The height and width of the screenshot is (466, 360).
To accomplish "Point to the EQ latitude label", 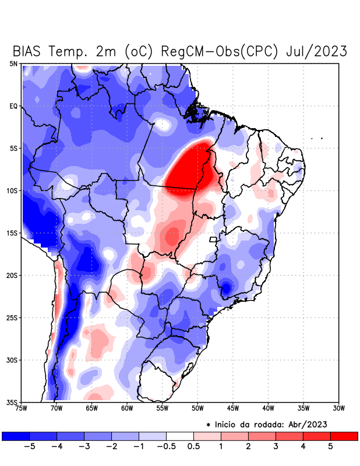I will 13,106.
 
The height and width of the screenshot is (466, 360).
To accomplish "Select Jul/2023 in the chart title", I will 317,51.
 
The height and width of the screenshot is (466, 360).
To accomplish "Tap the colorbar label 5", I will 330,446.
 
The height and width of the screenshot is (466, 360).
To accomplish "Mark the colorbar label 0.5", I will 193,446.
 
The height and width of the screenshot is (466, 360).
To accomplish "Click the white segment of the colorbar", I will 180,436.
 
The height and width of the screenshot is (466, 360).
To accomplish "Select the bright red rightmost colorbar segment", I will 344,436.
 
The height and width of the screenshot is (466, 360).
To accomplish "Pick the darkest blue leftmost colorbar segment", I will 16,436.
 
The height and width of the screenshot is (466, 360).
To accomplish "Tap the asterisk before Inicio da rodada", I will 209,425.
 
